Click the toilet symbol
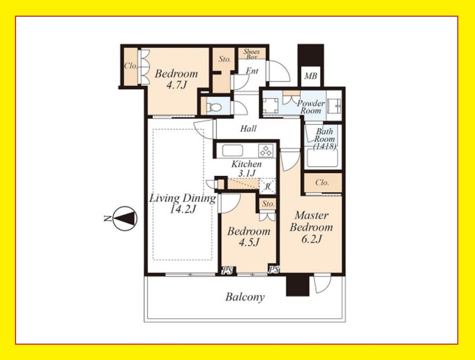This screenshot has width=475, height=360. tap(214, 107)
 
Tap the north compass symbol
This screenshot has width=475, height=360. tap(125, 218)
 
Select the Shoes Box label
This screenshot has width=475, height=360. tap(251, 54)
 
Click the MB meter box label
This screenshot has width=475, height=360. tap(310, 76)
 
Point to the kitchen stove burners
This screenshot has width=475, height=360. tap(266, 150)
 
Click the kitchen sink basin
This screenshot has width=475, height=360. tap(232, 150)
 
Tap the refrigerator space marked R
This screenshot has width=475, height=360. tap(268, 186)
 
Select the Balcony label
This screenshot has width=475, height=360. tap(245, 297)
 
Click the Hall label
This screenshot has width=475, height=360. tap(248, 129)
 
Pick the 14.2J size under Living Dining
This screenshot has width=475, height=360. tap(183, 209)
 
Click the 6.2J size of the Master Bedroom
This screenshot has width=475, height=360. tap(311, 239)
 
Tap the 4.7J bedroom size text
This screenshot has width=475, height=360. tap(176, 85)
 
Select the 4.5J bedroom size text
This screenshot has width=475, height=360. tap(249, 242)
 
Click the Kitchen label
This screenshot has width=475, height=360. tap(247, 164)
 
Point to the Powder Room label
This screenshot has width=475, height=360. tap(311, 107)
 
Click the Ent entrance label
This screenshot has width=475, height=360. tap(252, 71)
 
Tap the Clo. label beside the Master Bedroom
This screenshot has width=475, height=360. tap(322, 183)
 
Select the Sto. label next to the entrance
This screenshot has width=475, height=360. tap(225, 59)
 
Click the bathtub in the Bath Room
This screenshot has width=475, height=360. tap(322, 158)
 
